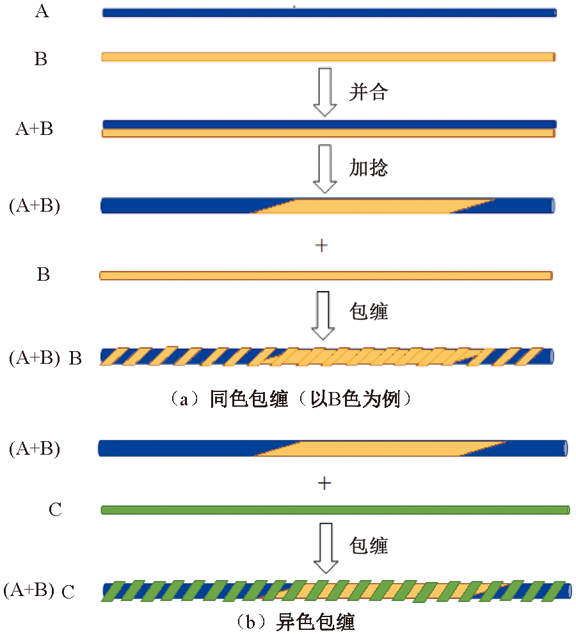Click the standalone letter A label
tap(42, 12)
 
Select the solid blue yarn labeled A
tap(329, 12)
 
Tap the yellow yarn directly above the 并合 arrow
tap(328, 57)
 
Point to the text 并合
tap(369, 92)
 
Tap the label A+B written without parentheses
tap(35, 129)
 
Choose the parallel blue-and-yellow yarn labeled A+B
tap(329, 129)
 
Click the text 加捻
tap(369, 168)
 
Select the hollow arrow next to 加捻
tap(326, 168)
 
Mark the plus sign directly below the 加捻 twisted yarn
tap(322, 246)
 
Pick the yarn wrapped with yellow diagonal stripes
tap(326, 357)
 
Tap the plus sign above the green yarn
tap(324, 484)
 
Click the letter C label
tap(56, 510)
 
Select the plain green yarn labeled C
tap(335, 510)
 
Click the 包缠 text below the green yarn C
tap(369, 545)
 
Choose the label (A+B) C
tap(40, 592)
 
